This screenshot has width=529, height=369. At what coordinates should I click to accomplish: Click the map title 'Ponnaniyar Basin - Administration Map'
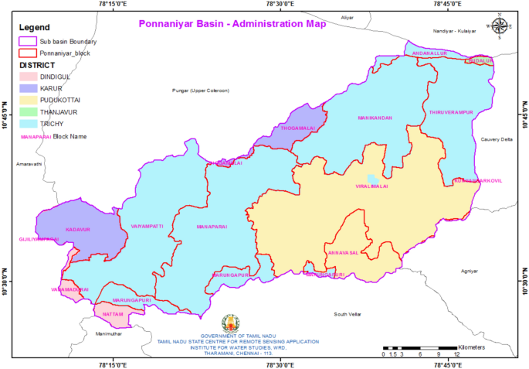[x=232, y=24]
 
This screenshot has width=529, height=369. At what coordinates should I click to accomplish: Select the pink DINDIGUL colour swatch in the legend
[x=29, y=77]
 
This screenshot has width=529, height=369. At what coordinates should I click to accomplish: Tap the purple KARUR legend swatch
[x=29, y=88]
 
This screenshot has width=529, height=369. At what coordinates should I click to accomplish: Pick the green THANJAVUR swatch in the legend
[x=29, y=111]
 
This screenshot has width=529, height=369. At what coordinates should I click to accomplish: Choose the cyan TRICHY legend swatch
[x=29, y=123]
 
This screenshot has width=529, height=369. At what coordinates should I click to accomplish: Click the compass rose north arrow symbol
[x=499, y=26]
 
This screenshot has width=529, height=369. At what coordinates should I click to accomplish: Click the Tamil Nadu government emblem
[x=231, y=323]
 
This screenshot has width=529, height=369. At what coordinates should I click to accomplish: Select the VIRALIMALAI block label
[x=372, y=186]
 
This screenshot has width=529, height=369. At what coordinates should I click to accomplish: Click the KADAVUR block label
[x=78, y=230]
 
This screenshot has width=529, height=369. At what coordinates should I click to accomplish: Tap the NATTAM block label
[x=113, y=314]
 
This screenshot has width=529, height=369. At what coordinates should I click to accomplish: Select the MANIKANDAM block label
[x=375, y=118]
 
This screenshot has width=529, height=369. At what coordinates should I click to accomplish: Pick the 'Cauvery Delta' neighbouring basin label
[x=497, y=139]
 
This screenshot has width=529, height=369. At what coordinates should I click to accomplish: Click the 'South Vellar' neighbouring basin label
[x=347, y=314]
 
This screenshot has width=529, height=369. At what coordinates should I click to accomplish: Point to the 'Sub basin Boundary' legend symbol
[x=29, y=41]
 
